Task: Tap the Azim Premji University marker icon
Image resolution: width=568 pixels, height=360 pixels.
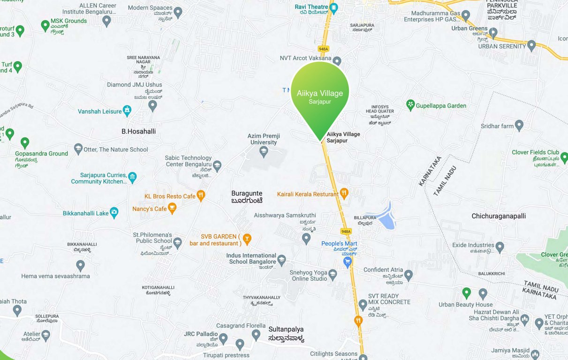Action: tap(264, 151)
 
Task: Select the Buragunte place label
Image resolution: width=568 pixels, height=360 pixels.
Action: tap(247, 194)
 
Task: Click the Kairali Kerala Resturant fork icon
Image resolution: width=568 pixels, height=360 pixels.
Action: tap(344, 193)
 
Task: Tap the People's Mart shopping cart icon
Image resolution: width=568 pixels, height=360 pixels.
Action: tap(348, 262)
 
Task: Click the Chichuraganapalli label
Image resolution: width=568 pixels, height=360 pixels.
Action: tap(499, 216)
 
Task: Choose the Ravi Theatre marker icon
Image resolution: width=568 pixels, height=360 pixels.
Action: tap(333, 7)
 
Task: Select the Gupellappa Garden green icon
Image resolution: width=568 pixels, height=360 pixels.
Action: tap(410, 105)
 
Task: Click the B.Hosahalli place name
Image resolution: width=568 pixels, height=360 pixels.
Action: tap(138, 131)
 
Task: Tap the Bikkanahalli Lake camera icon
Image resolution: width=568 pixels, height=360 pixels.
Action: tap(114, 213)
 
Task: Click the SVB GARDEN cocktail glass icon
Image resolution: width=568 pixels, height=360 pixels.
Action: tap(247, 239)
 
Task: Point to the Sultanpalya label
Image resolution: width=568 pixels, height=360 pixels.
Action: tap(287, 329)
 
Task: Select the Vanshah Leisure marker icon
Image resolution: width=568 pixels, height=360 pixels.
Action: tap(127, 111)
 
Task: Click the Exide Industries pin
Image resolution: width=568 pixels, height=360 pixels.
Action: tap(500, 246)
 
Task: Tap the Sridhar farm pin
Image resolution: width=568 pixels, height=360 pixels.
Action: tap(519, 125)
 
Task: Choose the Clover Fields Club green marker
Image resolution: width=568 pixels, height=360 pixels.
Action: tap(564, 157)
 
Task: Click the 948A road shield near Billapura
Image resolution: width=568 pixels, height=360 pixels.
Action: tap(346, 231)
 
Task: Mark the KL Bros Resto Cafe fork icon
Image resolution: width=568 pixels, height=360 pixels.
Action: tap(201, 195)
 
